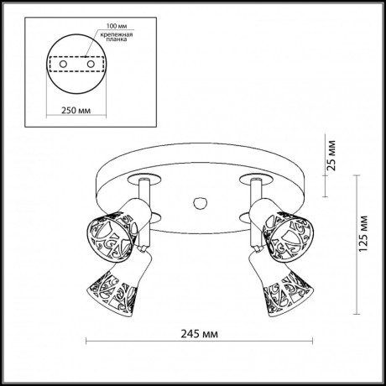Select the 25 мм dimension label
coord(335,155)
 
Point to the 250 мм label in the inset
coord(76,109)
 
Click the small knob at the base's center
coord(199,203)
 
